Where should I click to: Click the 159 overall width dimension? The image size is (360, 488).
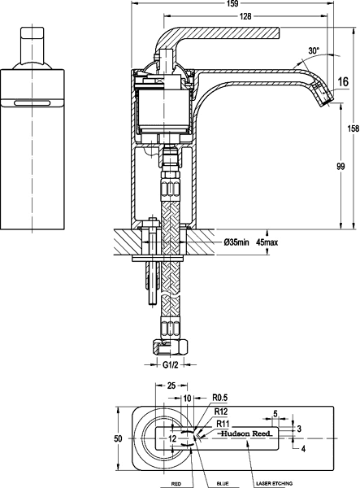233,4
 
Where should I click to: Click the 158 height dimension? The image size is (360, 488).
353,129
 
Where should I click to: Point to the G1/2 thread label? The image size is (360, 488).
171,365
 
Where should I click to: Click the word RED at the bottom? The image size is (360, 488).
176,483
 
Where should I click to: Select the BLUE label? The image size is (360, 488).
222,483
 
